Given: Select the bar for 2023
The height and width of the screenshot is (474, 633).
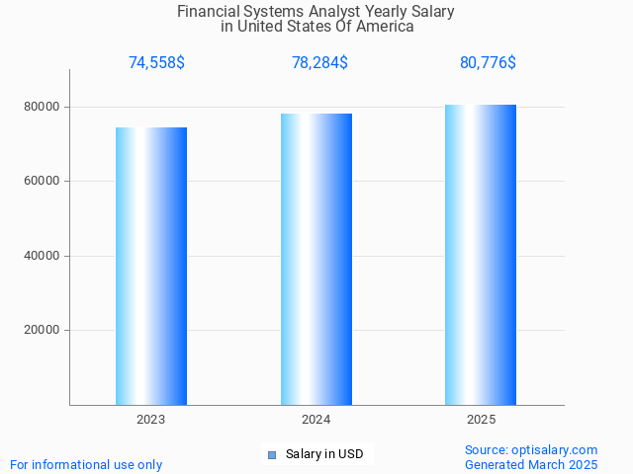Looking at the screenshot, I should [x=151, y=266].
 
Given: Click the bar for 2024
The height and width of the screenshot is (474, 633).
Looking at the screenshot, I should [x=316, y=259].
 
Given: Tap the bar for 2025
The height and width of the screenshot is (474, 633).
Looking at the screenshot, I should [x=481, y=255].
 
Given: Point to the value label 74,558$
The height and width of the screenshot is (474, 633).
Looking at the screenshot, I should [x=156, y=63].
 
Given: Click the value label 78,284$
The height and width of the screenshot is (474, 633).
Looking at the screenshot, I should [x=319, y=63].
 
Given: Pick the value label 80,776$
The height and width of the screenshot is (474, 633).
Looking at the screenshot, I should [x=488, y=63].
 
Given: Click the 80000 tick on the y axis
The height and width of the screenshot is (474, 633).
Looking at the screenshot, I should [x=43, y=107].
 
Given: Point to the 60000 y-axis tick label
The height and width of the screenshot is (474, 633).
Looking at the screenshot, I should [x=43, y=182].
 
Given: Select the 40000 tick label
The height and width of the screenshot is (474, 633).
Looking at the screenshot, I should [x=43, y=256].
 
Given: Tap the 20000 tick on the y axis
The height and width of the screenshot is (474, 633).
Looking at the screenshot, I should [x=43, y=331].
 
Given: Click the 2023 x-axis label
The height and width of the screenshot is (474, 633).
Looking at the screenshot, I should [x=151, y=420].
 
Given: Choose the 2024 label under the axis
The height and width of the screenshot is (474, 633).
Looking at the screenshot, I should [x=316, y=420].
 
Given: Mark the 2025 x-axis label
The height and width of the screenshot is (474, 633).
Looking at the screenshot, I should [x=481, y=420].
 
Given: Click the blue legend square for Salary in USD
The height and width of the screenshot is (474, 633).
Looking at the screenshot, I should [x=272, y=455].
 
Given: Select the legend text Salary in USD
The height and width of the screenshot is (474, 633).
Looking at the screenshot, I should [x=324, y=454].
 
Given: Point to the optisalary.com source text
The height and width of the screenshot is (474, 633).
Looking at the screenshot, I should [x=531, y=449].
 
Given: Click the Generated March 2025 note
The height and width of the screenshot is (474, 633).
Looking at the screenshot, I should [x=531, y=464].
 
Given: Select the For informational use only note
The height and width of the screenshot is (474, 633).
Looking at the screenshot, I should [x=86, y=464].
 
